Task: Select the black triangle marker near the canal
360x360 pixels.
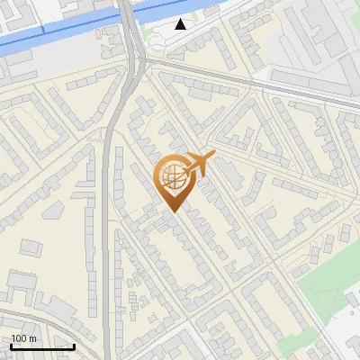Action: pyautogui.click(x=181, y=24)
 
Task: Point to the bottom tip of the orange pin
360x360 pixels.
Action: pyautogui.click(x=172, y=211)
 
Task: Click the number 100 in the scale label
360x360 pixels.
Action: pyautogui.click(x=19, y=338)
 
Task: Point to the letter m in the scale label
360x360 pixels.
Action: pyautogui.click(x=31, y=338)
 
